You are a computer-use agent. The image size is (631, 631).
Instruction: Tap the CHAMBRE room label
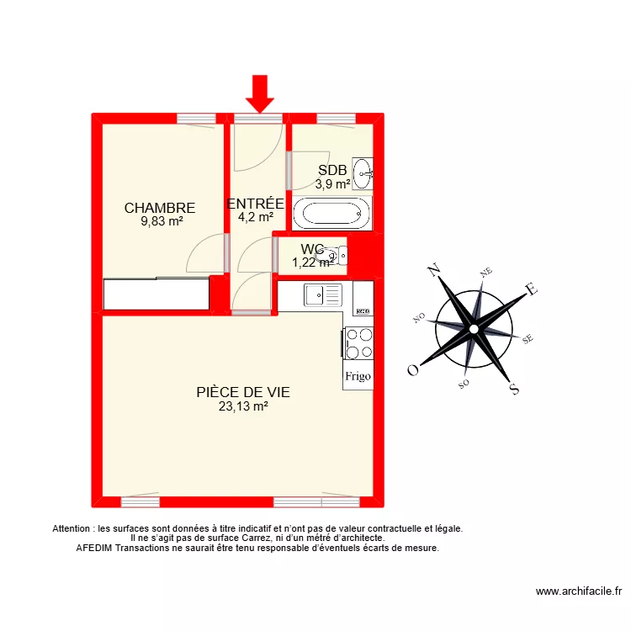160,208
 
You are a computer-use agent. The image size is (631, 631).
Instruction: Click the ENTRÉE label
256,204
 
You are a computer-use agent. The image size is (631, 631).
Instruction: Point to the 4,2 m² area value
256,217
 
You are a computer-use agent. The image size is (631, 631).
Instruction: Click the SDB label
332,171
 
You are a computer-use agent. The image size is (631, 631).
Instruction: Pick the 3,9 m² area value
332,184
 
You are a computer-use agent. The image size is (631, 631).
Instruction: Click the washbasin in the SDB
363,173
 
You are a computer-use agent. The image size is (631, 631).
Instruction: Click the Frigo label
358,377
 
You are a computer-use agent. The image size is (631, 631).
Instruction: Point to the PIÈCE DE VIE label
243,392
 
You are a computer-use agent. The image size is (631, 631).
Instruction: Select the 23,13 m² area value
243,406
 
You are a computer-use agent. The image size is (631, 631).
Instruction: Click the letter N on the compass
435,270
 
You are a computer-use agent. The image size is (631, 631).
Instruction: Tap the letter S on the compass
514,389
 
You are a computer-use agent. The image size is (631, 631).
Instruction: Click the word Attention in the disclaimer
73,529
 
